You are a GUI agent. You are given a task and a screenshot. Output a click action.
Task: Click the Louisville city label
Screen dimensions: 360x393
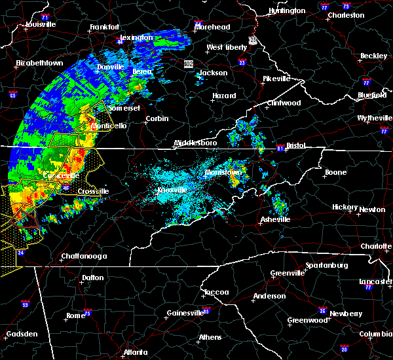[x=40, y=24]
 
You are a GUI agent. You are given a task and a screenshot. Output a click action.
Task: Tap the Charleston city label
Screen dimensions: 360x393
[x=346, y=14]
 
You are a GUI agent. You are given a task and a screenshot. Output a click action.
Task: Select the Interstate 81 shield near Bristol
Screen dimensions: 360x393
[x=280, y=147]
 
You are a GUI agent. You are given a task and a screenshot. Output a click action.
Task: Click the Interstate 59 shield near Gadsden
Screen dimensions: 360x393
[x=26, y=304]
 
